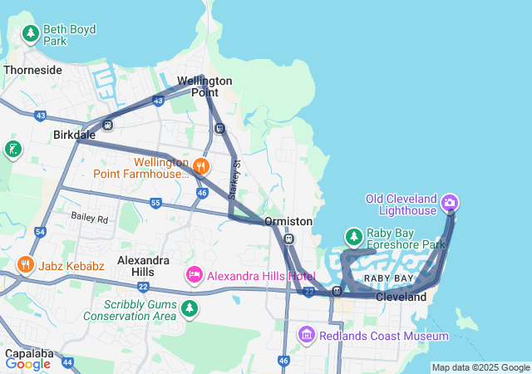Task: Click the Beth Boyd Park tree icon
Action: [31, 34]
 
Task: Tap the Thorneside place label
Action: [32, 70]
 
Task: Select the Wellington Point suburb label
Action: [205, 86]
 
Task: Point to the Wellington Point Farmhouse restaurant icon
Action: [200, 166]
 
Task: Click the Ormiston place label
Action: [288, 222]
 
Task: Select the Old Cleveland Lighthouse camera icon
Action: [450, 202]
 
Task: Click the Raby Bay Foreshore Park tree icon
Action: [354, 237]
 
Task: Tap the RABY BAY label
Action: [388, 278]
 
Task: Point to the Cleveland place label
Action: [401, 297]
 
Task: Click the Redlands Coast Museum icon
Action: [306, 335]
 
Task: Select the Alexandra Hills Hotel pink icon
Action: [194, 274]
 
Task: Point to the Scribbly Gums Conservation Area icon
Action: [190, 309]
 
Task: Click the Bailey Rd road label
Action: [90, 219]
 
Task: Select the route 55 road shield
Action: [155, 202]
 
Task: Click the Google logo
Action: [27, 363]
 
